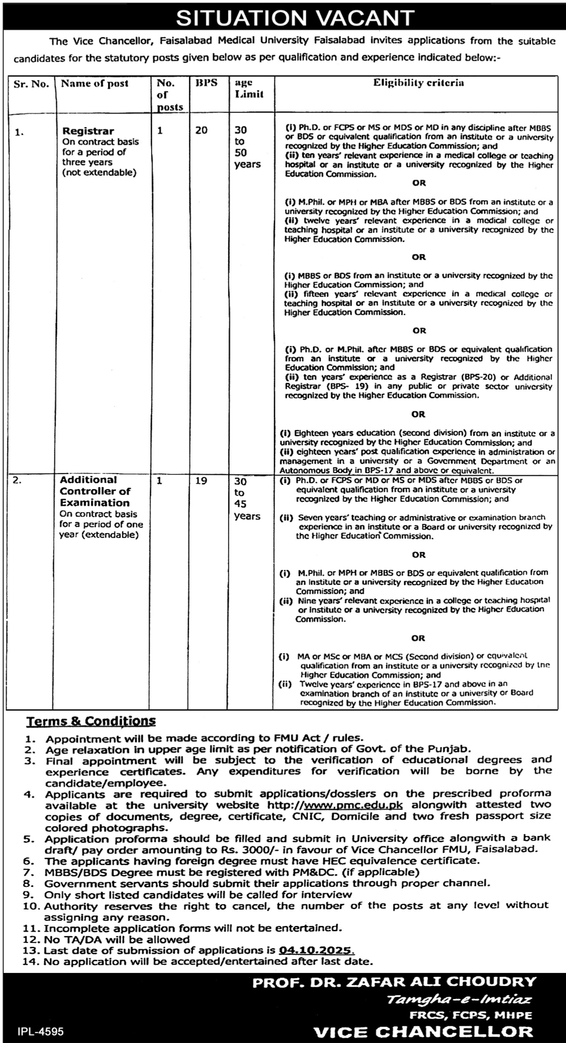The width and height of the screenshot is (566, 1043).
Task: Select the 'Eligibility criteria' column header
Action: click(x=418, y=83)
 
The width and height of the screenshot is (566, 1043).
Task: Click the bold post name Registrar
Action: click(x=88, y=131)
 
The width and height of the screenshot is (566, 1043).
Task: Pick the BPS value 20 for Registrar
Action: click(x=201, y=130)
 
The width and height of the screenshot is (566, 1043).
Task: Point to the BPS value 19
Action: click(x=201, y=480)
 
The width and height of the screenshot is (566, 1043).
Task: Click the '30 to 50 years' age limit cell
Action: click(x=247, y=147)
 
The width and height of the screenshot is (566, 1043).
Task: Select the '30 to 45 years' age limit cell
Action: click(x=247, y=498)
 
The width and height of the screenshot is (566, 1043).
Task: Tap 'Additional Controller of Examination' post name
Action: click(x=95, y=491)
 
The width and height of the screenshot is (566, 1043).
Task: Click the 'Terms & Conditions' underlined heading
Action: click(x=91, y=721)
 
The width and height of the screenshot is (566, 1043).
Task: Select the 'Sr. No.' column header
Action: click(x=31, y=84)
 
